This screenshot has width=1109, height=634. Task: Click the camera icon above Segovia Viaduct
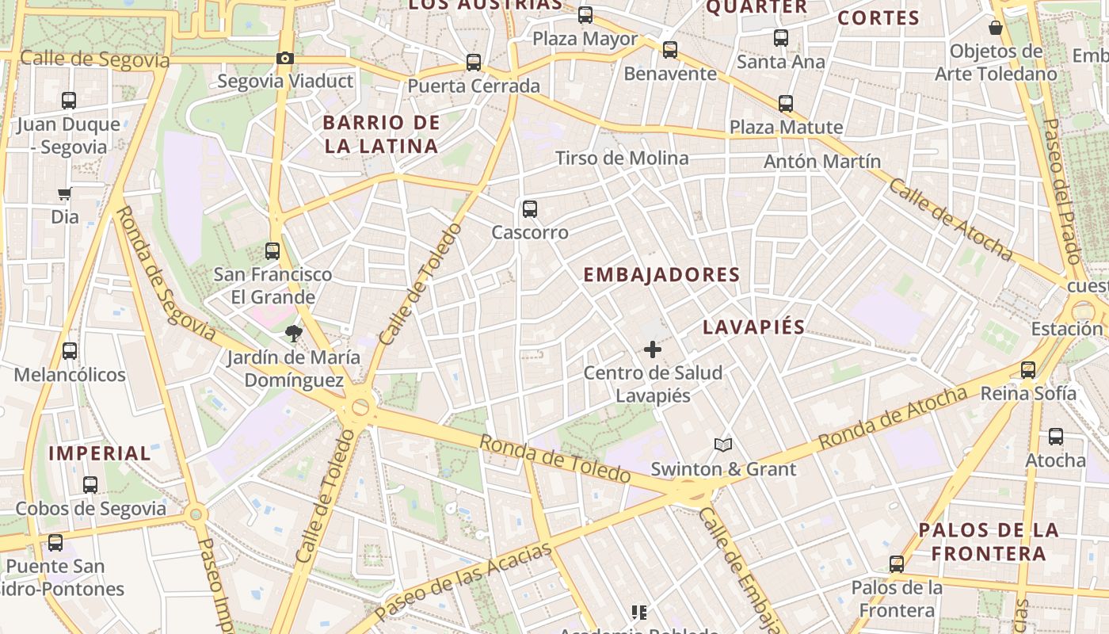click(285, 58)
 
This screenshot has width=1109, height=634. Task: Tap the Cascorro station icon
click(530, 209)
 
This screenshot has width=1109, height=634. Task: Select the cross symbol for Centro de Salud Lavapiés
click(653, 349)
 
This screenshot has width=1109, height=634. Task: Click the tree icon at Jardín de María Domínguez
click(294, 334)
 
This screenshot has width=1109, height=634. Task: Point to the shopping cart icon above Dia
click(65, 193)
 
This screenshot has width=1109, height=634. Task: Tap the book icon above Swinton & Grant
click(722, 445)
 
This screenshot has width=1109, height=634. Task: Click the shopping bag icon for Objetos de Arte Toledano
click(996, 28)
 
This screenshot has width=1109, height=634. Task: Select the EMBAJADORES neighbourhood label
click(661, 275)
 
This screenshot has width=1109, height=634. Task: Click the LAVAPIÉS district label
click(753, 327)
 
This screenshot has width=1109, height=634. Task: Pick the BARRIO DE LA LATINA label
click(381, 134)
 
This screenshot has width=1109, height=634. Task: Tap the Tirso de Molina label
click(622, 158)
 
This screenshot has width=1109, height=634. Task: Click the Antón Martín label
click(822, 161)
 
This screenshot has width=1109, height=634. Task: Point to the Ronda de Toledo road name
click(555, 459)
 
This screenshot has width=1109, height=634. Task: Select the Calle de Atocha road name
click(950, 220)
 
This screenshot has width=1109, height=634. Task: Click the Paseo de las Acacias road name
click(463, 582)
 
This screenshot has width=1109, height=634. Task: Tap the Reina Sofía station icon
click(1028, 369)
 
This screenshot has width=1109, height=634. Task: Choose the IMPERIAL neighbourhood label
click(100, 453)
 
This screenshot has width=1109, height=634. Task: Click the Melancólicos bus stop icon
click(70, 350)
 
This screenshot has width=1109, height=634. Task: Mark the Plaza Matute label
click(786, 127)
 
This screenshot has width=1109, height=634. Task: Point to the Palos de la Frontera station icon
click(897, 564)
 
